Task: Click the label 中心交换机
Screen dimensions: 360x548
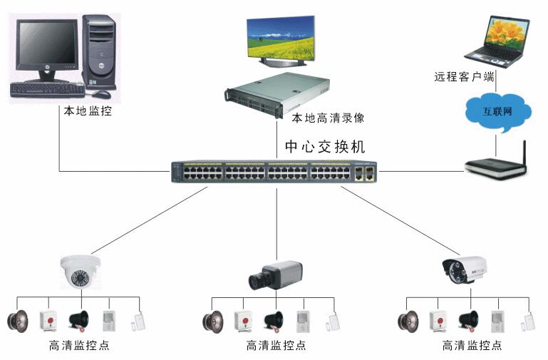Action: (325, 148)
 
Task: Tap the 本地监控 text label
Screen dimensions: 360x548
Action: (88, 111)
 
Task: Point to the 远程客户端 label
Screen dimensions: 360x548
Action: (465, 76)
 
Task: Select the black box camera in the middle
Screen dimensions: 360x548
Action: (275, 274)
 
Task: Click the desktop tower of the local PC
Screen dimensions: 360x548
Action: (99, 50)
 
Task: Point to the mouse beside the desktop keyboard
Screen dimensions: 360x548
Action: (100, 93)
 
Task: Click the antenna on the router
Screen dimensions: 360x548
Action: (524, 152)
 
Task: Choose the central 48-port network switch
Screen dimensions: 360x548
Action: (274, 173)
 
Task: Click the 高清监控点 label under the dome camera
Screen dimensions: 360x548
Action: (79, 346)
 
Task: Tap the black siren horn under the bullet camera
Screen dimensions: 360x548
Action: (467, 320)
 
